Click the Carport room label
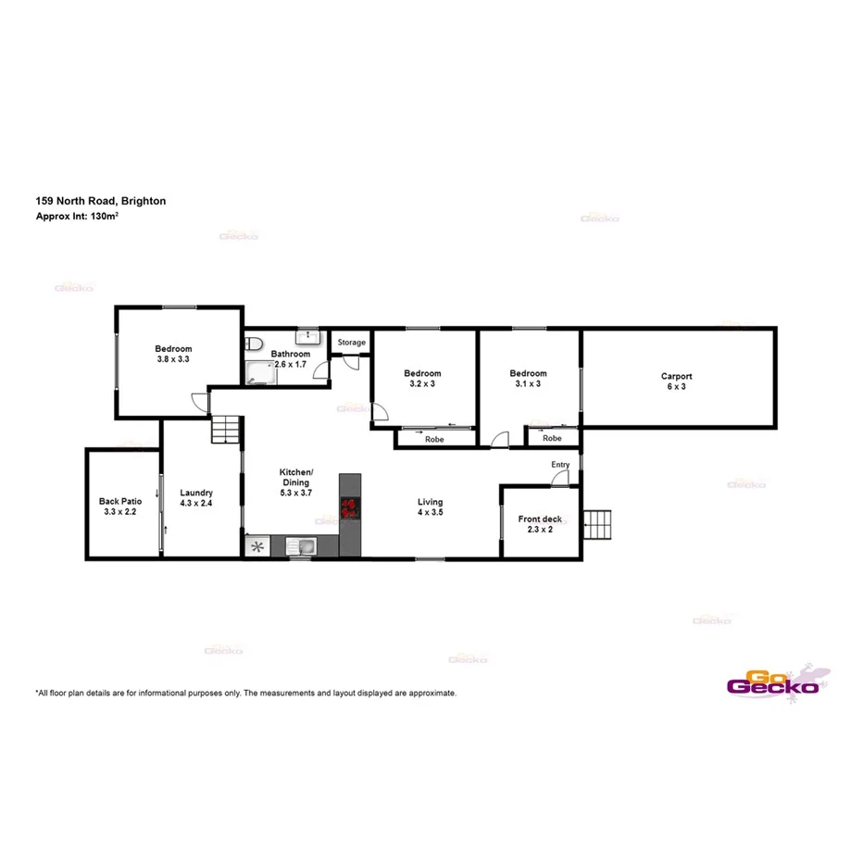coord(676,376)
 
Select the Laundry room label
coord(196,493)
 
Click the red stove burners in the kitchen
coord(350,507)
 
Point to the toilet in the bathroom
coord(255,344)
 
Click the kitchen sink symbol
coord(301,546)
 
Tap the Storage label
coord(351,343)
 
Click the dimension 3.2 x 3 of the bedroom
coord(422,383)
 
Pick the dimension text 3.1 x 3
coord(528,383)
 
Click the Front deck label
coord(540,519)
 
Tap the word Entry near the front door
coord(560,465)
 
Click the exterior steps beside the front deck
coord(599,525)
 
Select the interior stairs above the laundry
coord(226,430)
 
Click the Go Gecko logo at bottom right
coord(773,682)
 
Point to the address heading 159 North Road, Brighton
coord(101,200)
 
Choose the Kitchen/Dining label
coord(296,477)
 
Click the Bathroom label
coord(290,354)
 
